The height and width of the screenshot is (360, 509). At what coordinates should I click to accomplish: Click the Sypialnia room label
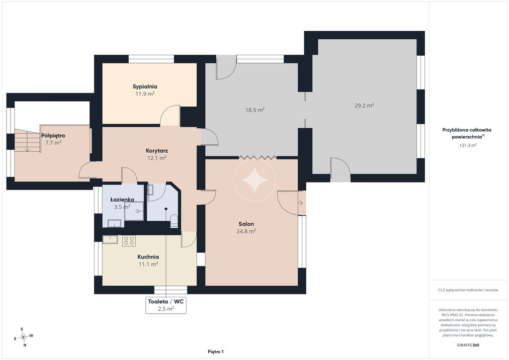(x=145, y=87)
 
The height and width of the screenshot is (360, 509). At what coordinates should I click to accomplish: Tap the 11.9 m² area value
(x=145, y=94)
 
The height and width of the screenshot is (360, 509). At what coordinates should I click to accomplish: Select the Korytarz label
(x=157, y=151)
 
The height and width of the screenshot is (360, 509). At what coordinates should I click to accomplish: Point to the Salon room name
(x=246, y=224)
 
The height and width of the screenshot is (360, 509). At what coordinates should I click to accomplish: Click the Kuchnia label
(x=148, y=257)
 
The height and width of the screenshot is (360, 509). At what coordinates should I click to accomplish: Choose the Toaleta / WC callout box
(x=166, y=305)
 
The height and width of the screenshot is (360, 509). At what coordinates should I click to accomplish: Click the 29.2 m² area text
(x=364, y=105)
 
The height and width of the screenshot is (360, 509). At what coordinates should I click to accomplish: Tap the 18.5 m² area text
(x=255, y=110)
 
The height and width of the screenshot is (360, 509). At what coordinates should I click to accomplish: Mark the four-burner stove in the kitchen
(x=129, y=241)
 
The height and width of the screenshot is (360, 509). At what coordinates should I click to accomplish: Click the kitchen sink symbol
(x=110, y=239)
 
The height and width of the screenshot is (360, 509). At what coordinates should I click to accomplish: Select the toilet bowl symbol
(x=174, y=220)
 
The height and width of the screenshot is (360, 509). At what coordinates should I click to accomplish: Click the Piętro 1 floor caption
(x=216, y=352)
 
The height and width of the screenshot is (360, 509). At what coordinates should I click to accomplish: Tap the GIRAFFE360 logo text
(x=468, y=345)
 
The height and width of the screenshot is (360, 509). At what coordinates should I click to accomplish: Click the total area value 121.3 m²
(x=468, y=145)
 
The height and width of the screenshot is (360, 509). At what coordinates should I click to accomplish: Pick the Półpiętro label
(x=53, y=136)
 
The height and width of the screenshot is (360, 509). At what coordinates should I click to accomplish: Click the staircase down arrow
(x=27, y=145)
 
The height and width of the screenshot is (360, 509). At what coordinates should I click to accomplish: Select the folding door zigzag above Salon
(x=258, y=158)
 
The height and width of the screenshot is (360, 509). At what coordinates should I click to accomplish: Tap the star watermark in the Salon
(x=254, y=180)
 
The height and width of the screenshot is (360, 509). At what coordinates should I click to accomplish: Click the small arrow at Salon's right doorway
(x=301, y=203)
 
